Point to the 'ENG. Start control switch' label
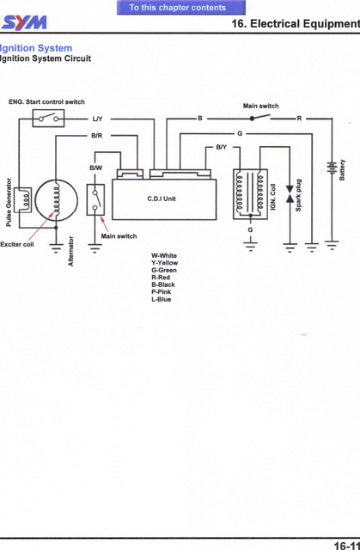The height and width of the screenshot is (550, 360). [x=46, y=101]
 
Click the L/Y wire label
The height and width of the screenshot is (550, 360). [x=97, y=119]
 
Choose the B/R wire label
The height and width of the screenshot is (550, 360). [x=97, y=136]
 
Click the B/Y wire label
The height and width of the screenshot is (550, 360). [x=221, y=148]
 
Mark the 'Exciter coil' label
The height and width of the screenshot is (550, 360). [x=17, y=244]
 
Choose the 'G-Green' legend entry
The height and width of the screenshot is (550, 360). [x=164, y=271]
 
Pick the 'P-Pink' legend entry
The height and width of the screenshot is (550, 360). [x=162, y=292]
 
